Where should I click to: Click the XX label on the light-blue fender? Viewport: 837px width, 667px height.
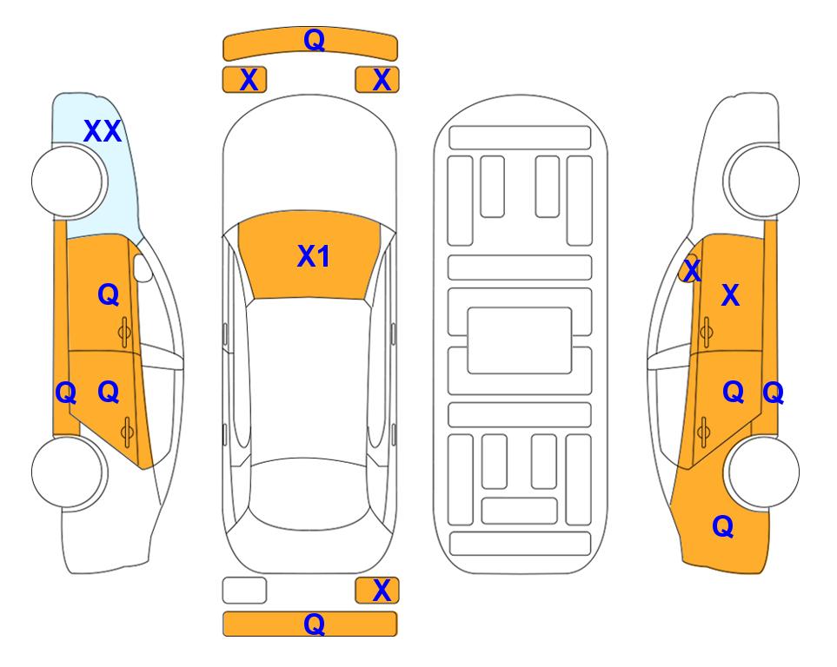pos(103,131)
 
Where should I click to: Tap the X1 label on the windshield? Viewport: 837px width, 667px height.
pos(314,256)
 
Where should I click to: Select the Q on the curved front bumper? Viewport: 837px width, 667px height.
pos(314,40)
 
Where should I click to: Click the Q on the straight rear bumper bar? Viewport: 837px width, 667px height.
pos(314,624)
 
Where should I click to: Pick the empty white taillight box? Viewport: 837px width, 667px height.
pos(244,591)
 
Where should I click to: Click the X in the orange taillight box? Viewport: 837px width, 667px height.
pos(382,591)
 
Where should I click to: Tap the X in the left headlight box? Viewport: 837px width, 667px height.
pos(249,80)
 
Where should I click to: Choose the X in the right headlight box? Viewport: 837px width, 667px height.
pos(382,80)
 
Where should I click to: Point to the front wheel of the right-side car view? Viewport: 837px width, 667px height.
pos(761,181)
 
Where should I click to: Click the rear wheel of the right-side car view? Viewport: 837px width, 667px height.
pos(761,472)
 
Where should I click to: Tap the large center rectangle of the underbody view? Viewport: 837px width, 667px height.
pos(520,340)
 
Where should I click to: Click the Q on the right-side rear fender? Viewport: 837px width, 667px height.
pos(723,526)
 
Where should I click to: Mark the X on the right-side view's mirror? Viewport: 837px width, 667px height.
pos(692,270)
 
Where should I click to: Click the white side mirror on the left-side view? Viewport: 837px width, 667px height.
pos(143,268)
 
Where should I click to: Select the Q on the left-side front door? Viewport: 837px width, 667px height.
pos(109,294)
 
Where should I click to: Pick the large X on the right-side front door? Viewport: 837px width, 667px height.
pos(730,295)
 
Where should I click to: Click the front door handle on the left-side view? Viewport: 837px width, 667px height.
pos(124,333)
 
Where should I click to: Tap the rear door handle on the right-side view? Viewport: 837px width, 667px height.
pos(703,432)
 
